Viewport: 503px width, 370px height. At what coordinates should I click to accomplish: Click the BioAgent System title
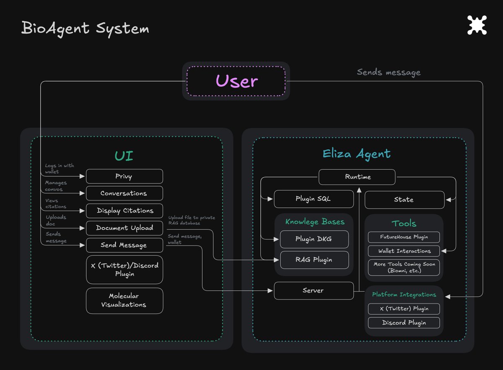coord(85,29)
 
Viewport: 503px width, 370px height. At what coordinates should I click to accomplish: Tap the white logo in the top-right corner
coord(477,25)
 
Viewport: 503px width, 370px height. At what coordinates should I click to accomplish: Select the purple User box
coord(236,81)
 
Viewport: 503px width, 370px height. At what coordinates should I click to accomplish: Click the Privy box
coord(124,176)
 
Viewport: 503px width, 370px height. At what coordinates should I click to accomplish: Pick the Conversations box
coord(124,193)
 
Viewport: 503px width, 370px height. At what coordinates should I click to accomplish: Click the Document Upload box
coord(124,228)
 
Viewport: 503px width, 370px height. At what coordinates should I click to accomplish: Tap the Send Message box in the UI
coord(124,245)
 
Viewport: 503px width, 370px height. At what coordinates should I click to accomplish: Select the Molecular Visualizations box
coord(124,301)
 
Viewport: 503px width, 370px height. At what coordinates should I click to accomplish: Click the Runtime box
coord(357,177)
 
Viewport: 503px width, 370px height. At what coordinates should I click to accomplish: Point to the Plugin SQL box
coord(313,199)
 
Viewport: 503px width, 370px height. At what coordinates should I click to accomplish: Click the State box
coord(404,200)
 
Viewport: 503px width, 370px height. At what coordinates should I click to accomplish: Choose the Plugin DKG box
coord(314,239)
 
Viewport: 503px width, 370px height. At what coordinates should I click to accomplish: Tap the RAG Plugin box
coord(314,260)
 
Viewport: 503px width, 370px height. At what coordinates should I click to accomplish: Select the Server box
coord(314,290)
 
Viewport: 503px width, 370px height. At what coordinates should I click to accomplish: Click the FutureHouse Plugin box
coord(404,237)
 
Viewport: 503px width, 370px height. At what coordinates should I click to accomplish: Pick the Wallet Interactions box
coord(404,251)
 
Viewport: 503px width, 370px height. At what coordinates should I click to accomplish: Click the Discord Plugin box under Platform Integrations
coord(404,323)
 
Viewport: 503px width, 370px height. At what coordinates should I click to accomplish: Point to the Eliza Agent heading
coord(357,154)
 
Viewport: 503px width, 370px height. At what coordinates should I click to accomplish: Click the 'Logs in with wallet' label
coord(59,169)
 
